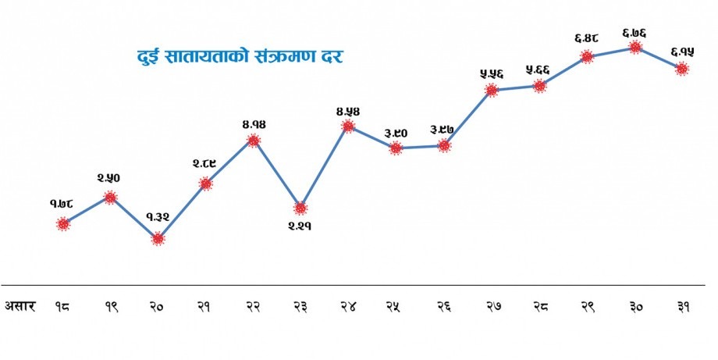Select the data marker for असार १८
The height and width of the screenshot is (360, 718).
(63, 224)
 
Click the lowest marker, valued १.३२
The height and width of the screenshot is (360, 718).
(158, 238)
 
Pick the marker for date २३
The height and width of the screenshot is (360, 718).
(300, 209)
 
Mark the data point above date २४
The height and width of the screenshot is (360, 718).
(348, 126)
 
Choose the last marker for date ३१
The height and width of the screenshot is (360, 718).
(682, 69)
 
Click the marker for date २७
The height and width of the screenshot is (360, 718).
(491, 90)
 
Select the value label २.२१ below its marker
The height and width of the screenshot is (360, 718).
(300, 228)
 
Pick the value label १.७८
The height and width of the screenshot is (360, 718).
(62, 205)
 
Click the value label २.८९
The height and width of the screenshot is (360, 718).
(205, 164)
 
